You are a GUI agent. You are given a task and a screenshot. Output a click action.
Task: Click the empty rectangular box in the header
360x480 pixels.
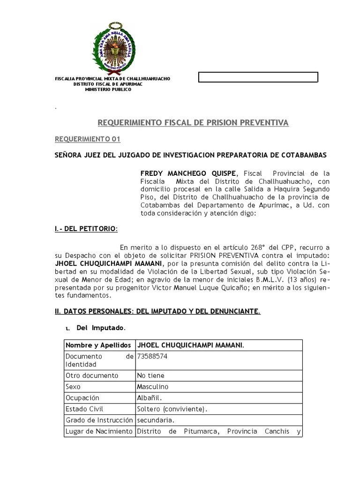click(x=258, y=77)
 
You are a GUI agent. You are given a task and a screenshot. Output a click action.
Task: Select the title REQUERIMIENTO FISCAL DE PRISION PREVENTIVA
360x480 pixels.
click(x=193, y=123)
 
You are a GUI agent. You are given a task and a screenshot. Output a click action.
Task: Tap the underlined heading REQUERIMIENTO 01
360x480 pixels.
click(x=88, y=139)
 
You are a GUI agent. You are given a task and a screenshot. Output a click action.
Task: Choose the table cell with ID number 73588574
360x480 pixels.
click(x=152, y=356)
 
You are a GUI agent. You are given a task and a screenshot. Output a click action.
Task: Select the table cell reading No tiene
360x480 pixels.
click(x=150, y=375)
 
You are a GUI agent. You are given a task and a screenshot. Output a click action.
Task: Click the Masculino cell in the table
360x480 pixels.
click(x=152, y=387)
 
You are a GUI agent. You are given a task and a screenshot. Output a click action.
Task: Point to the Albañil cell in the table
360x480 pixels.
click(x=149, y=398)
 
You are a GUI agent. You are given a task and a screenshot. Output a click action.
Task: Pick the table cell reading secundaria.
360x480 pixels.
click(x=155, y=420)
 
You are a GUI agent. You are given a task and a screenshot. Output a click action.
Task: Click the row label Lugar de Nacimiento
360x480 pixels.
click(x=99, y=431)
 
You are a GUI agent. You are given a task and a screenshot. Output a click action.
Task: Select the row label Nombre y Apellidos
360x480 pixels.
click(x=98, y=345)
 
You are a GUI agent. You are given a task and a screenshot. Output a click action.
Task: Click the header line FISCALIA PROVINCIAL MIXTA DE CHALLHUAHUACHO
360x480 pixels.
click(x=112, y=79)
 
